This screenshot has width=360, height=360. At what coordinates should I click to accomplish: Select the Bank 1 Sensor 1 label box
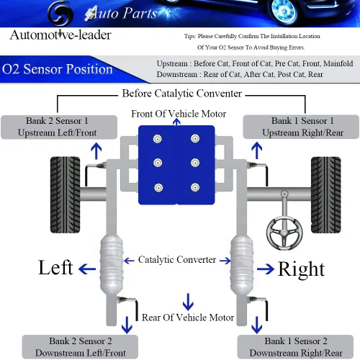coord(302,127)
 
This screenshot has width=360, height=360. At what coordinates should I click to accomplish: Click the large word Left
coord(55,268)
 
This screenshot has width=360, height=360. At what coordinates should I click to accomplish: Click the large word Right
coord(301,269)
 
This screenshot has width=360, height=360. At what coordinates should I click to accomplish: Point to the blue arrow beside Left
coord(88,269)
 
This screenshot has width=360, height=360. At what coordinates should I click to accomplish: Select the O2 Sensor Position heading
coord(58,70)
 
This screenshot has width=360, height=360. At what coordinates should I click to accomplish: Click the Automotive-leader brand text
coord(60,35)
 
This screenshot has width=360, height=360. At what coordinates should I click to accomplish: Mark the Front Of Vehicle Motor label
coord(179,114)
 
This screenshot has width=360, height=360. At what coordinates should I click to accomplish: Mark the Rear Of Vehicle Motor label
coord(188,317)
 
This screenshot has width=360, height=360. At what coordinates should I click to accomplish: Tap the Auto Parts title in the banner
coord(116,12)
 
